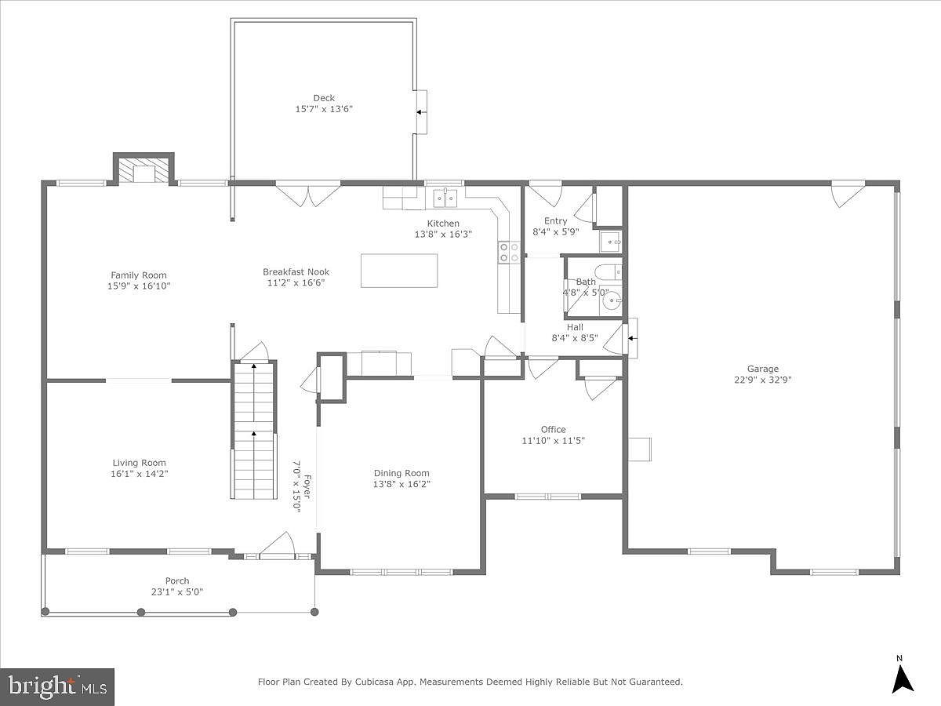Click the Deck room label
(324, 98)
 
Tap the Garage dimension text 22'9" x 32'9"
(762, 380)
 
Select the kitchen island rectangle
(399, 271)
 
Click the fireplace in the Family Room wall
(144, 173)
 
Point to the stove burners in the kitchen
(509, 252)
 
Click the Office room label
(553, 429)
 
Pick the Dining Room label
(401, 473)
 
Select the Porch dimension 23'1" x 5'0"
(177, 592)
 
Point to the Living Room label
(139, 463)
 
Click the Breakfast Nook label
(296, 272)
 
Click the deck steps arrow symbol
(420, 112)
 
